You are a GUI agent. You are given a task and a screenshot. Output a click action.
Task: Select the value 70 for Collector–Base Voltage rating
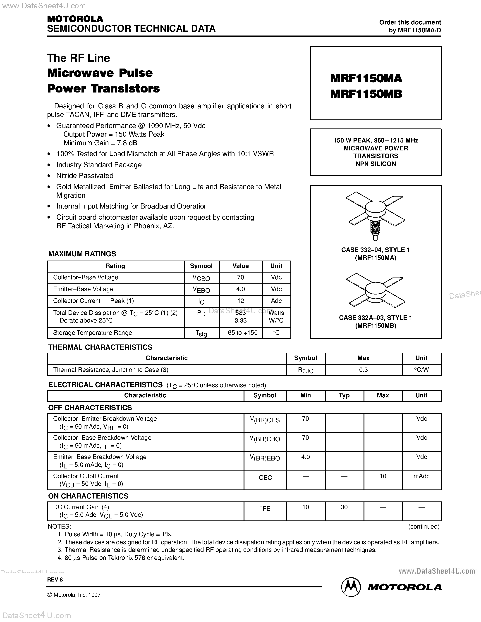tap(240, 277)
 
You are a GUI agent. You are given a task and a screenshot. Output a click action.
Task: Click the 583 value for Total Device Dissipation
tap(240, 313)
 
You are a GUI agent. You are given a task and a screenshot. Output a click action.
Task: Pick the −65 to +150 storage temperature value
tap(240, 333)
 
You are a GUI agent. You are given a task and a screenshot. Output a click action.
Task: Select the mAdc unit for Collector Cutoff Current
tap(421, 476)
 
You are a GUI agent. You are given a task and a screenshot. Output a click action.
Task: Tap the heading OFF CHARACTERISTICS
tap(90, 408)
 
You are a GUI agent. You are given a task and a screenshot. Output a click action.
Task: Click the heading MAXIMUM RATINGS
tap(82, 254)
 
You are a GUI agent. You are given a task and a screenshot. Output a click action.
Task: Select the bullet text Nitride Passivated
tap(85, 176)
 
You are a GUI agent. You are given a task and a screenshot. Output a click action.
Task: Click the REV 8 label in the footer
tap(55, 579)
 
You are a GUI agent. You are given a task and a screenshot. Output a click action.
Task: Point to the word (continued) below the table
tap(424, 527)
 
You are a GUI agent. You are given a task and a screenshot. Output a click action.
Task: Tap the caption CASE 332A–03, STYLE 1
tap(375, 318)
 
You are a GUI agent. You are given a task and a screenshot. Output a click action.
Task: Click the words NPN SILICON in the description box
tap(375, 164)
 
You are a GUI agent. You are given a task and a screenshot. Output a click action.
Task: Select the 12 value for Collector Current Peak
tap(240, 301)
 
